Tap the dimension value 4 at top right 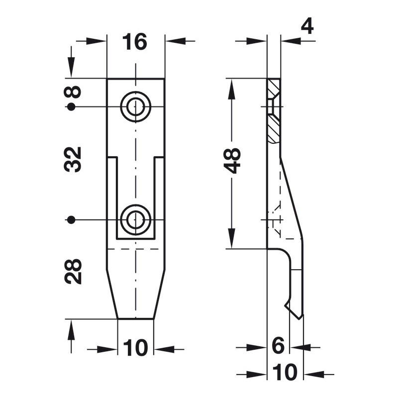[x=307, y=26]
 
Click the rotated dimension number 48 [x=232, y=160]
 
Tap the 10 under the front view [x=135, y=348]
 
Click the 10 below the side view [x=285, y=372]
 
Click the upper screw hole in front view [x=136, y=106]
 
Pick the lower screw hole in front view [x=136, y=219]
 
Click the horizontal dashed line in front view [x=136, y=248]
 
